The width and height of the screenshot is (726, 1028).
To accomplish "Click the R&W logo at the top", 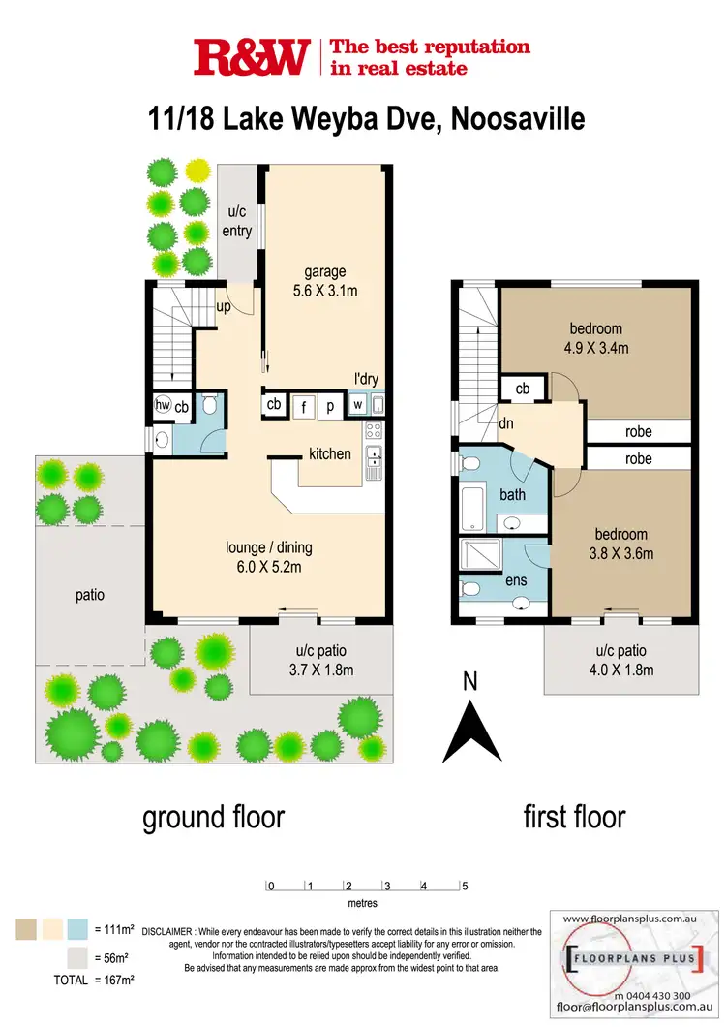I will pos(252,57).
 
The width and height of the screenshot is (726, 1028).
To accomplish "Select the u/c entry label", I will pos(237,221).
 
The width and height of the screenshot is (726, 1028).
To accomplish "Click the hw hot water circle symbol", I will pos(163,407).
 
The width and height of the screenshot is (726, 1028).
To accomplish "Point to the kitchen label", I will pos(329,453).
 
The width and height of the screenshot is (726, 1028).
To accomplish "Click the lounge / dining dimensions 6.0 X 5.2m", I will pos(268,567).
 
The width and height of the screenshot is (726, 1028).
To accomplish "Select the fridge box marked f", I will pos(304,407).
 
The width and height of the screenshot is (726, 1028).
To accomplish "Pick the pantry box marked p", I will pos(329,407).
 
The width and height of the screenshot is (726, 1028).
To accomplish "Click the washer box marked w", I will pos(357,405).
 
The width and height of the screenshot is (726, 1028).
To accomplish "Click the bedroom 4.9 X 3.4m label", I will pos(595,338).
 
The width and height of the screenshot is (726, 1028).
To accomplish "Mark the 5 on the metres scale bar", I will pos(465,886).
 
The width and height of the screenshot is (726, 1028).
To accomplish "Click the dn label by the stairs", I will pos(504,422).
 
